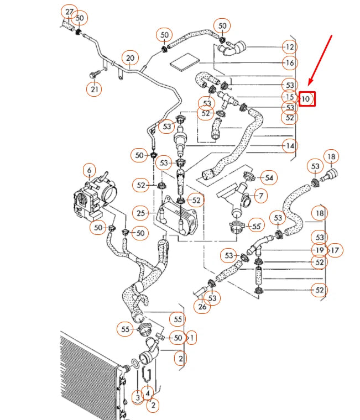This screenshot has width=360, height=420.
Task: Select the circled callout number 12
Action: [289, 46]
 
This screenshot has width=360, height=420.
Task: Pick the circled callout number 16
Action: [289, 63]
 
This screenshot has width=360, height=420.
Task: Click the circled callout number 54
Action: [269, 177]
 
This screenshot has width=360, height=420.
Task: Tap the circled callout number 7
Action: [260, 195]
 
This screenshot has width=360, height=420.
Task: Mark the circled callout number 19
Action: [319, 250]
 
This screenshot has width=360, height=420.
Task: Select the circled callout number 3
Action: [138, 396]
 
